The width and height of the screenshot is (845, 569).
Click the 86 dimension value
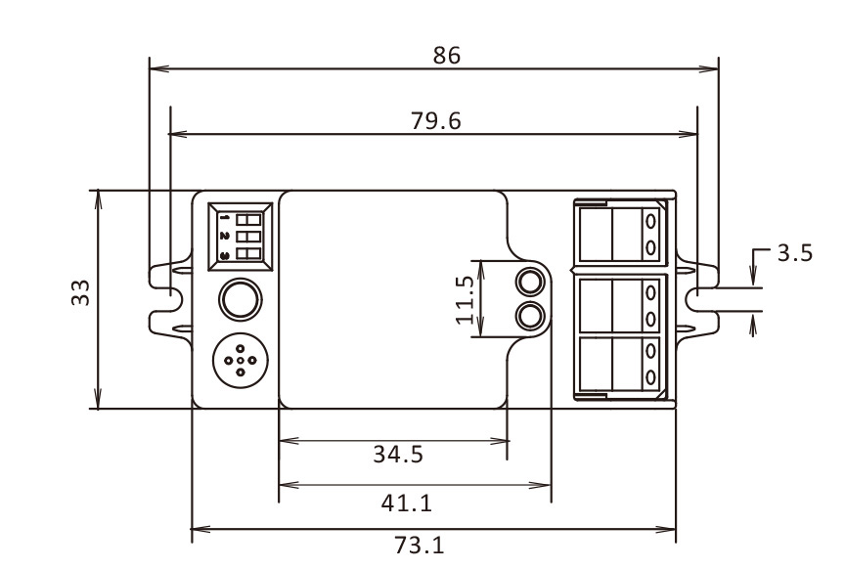447,56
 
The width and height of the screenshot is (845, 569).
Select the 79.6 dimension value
436,120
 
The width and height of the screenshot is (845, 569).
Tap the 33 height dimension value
81,292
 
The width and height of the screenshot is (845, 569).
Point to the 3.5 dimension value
795,252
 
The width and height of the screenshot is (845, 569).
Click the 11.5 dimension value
466,299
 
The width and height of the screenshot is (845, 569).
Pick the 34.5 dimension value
398,455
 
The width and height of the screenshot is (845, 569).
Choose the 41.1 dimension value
406,503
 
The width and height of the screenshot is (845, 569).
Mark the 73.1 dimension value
420,546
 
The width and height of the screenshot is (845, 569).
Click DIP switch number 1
248,219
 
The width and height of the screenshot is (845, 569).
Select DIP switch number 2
248,237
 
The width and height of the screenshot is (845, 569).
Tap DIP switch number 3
248,254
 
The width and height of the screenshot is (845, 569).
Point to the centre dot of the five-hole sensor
241,361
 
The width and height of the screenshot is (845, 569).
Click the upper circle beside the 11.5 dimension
530,282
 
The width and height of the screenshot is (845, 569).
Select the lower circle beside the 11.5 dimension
530,317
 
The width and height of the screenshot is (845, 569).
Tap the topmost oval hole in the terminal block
651,221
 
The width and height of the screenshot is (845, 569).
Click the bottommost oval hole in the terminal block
651,377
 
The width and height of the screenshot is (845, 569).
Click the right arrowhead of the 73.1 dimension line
666,530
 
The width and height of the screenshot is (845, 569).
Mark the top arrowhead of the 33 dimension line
98,199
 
